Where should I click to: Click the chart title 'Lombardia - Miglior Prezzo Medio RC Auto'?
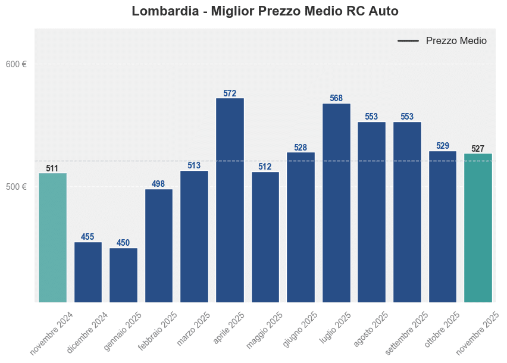pyautogui.click(x=265, y=11)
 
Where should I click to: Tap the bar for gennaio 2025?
pyautogui.click(x=123, y=275)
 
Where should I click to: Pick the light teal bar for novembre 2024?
pyautogui.click(x=52, y=237)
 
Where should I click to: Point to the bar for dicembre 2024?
pyautogui.click(x=88, y=272)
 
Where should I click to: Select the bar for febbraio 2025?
pyautogui.click(x=159, y=245)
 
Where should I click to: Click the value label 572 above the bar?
pyautogui.click(x=230, y=93)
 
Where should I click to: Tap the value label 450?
pyautogui.click(x=123, y=243)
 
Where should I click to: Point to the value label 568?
pyautogui.click(x=336, y=98)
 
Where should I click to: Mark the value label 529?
pyautogui.click(x=443, y=146)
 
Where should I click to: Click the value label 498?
pyautogui.click(x=159, y=184)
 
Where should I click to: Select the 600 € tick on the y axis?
pyautogui.click(x=16, y=64)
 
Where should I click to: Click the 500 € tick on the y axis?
pyautogui.click(x=16, y=187)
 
